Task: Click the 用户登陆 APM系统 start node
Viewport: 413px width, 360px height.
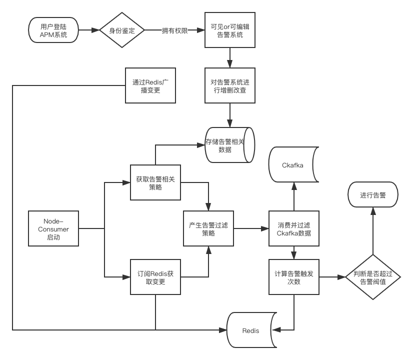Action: [x=53, y=30]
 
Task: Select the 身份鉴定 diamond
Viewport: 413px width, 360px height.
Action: [x=122, y=30]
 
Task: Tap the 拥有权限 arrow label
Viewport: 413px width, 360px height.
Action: [x=174, y=31]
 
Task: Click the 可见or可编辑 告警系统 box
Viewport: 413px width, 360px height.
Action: [x=230, y=30]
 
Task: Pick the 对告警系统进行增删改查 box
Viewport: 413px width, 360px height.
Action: [x=230, y=85]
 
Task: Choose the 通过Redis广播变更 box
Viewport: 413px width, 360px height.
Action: [x=150, y=85]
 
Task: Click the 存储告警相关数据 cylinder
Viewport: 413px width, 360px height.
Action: [x=228, y=145]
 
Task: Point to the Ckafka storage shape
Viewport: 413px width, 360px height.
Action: [x=293, y=164]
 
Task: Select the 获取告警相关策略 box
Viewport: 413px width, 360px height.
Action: [x=155, y=183]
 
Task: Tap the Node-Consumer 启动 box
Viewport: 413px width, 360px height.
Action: [x=53, y=228]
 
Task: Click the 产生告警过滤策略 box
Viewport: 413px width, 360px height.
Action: [x=208, y=228]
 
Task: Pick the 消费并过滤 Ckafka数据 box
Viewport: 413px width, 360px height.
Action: [x=293, y=228]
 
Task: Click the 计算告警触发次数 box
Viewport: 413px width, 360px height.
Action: [x=293, y=277]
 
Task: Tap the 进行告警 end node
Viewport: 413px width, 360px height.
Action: [x=373, y=195]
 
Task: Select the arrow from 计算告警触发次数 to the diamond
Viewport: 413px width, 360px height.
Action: [x=332, y=277]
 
